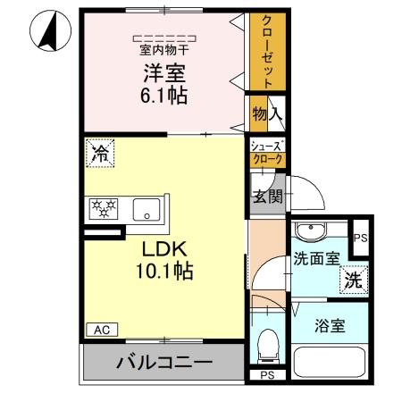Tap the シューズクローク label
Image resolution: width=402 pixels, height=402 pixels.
266,153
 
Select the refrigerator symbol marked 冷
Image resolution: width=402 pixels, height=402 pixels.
100,153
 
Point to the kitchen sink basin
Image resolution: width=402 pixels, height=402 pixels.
145,211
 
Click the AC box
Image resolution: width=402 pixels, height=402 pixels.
100,330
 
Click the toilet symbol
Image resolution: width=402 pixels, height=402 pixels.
266,344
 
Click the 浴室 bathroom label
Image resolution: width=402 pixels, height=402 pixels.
328,327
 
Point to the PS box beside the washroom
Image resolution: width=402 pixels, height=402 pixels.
359,238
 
